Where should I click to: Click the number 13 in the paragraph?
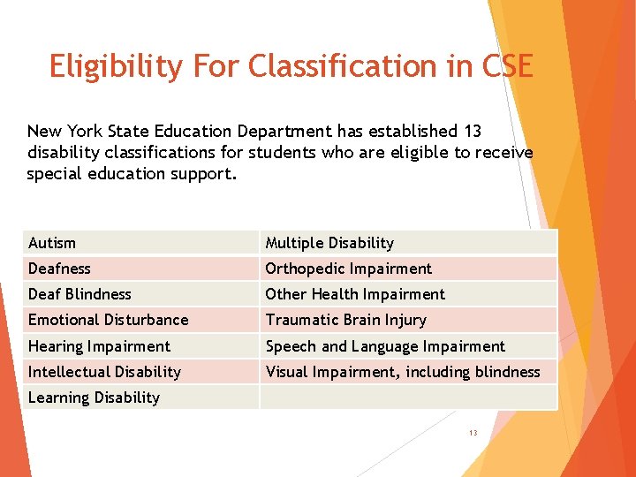pos(472,132)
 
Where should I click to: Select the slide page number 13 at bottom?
pos(473,433)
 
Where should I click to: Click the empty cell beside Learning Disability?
pos(408,397)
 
